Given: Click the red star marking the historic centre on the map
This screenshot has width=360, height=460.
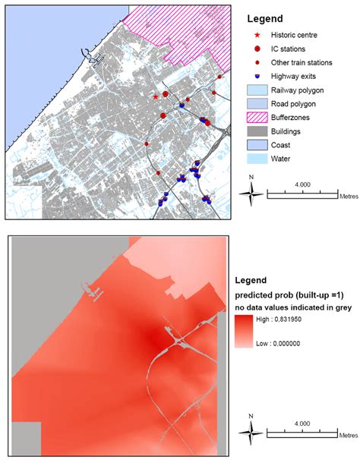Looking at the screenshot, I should [156, 97].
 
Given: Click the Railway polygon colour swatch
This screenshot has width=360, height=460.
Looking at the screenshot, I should [259, 90].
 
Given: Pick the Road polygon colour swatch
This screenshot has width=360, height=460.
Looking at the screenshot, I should [259, 103].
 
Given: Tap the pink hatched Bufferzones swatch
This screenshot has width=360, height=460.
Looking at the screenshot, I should [259, 118].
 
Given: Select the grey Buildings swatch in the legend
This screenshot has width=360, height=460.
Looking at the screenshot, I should [259, 131].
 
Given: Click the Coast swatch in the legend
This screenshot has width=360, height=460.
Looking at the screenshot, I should [259, 145].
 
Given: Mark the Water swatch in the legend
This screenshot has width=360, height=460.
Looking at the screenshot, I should [259, 159].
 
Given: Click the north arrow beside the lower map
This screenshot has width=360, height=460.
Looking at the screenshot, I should [253, 430].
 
